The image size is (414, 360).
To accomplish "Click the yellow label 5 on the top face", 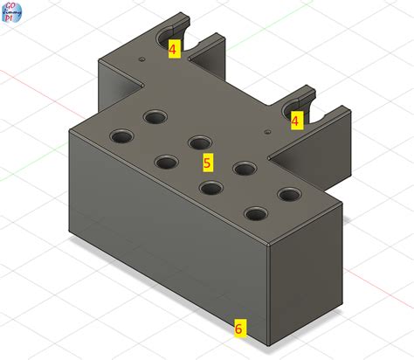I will click(x=207, y=162).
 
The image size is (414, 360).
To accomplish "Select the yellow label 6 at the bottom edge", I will click(x=238, y=329).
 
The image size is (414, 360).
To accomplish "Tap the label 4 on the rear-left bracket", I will click(x=173, y=50).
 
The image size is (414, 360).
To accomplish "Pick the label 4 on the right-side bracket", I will click(x=295, y=121).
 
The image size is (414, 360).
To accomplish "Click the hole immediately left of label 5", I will click(x=166, y=161).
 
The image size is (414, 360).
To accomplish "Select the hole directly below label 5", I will click(x=209, y=186).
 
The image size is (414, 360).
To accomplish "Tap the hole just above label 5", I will click(x=200, y=142).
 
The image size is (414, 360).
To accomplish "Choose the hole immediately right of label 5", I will click(x=243, y=168).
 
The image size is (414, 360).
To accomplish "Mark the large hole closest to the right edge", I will click(x=288, y=195).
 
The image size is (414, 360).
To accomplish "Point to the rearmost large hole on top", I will click(x=157, y=116).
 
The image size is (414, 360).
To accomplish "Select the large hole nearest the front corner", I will click(x=255, y=214).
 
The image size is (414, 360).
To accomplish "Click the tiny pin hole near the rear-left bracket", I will click(x=141, y=60).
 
